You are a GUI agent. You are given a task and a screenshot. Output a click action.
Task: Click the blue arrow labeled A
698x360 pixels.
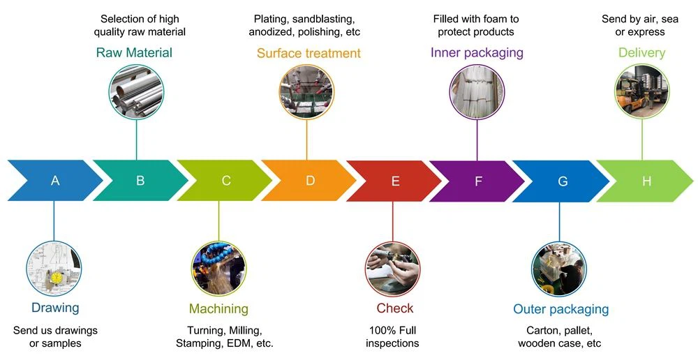55,181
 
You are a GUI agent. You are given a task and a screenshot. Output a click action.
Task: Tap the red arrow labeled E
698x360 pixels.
395,181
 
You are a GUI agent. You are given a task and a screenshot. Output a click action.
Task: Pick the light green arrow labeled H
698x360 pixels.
646,181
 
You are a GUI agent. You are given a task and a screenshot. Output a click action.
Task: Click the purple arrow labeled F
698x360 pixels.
478,181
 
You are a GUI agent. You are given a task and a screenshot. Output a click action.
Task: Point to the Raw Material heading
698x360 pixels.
134,53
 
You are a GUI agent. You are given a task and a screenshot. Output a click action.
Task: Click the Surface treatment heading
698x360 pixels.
309,53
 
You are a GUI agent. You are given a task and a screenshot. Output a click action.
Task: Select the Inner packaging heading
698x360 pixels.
477,53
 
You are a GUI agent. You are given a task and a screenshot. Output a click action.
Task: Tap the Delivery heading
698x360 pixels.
641,53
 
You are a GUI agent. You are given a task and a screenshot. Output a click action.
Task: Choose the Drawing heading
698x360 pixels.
55,308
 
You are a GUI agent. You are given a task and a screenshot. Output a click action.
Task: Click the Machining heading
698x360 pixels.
218,308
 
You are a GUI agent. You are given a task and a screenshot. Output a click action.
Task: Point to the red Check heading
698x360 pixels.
395,308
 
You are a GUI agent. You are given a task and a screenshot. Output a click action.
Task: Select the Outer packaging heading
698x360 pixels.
560,309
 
